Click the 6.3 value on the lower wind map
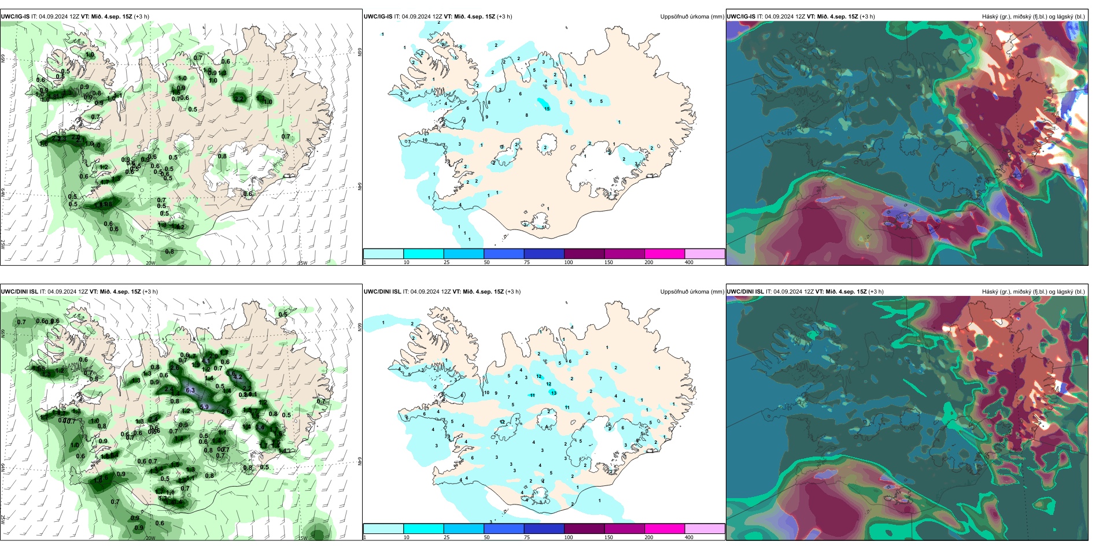(190, 391)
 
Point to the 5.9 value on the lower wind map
(204, 407)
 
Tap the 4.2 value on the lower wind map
(237, 377)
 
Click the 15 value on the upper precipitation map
(547, 109)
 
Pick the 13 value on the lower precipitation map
(554, 393)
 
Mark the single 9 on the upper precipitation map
(486, 117)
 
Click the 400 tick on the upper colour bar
(689, 262)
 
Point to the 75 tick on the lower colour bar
(527, 537)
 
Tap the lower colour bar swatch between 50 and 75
(503, 529)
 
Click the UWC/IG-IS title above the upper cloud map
(740, 17)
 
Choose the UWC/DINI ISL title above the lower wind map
(19, 292)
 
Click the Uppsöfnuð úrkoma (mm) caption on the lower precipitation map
(692, 292)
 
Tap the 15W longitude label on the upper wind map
(303, 264)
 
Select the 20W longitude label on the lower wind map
(150, 538)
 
